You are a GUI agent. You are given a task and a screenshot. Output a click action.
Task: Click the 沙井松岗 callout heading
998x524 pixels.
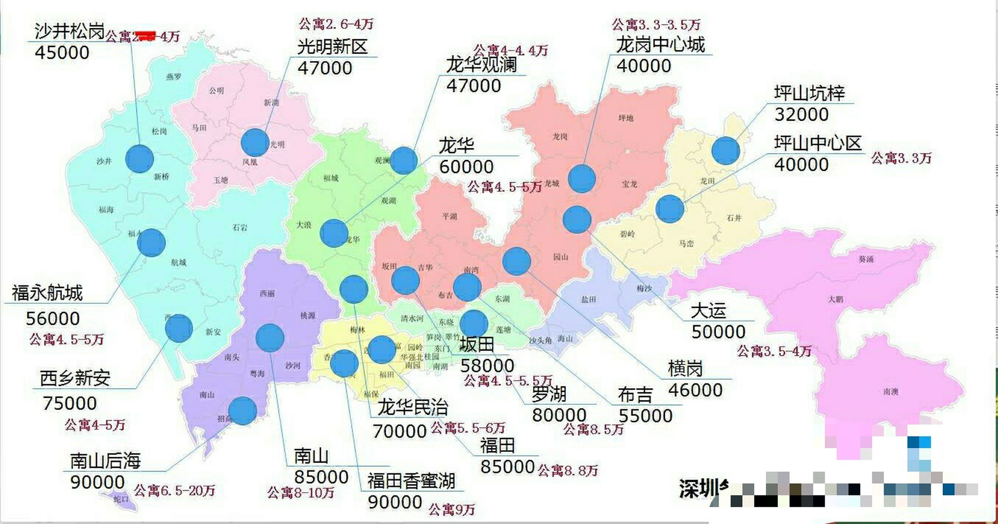click(x=70, y=31)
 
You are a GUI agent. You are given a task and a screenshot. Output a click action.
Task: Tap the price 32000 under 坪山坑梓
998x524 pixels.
click(x=801, y=114)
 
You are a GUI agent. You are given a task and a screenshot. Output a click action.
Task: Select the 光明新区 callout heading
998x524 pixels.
click(x=332, y=47)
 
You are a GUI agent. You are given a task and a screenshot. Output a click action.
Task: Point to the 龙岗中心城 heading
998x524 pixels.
click(x=660, y=45)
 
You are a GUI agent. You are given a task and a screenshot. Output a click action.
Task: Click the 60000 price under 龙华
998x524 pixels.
click(x=466, y=167)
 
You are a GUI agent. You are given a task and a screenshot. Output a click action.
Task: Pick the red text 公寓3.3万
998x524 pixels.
click(x=901, y=158)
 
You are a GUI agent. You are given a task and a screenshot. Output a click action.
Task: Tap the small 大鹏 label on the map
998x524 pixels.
click(x=836, y=299)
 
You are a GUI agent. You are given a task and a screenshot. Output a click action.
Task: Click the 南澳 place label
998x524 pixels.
click(x=891, y=391)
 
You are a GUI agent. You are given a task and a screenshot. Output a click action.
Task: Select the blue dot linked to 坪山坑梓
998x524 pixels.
click(x=725, y=151)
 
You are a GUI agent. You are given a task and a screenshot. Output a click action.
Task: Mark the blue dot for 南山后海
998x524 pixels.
click(x=243, y=411)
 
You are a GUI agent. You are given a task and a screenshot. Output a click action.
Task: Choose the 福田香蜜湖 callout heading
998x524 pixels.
click(x=411, y=481)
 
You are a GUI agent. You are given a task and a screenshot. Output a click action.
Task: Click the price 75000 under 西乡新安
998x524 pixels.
click(x=70, y=404)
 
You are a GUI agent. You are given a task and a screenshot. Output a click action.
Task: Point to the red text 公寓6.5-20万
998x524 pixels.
click(x=174, y=490)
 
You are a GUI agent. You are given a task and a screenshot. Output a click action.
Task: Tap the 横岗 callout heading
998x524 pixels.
click(x=685, y=368)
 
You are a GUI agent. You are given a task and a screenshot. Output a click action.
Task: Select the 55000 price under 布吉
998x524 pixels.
click(x=645, y=416)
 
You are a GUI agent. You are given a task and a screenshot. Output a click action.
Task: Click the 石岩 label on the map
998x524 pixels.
click(x=240, y=228)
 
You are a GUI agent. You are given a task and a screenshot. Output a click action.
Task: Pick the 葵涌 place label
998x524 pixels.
click(x=866, y=259)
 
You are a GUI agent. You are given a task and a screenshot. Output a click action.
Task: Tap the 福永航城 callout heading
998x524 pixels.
click(x=47, y=293)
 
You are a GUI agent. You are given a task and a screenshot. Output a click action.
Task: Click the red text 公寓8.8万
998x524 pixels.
click(x=568, y=470)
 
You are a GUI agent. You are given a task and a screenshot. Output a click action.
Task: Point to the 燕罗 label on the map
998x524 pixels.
click(x=173, y=77)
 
